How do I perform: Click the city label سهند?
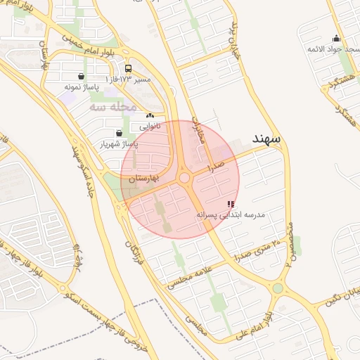coord(264,139)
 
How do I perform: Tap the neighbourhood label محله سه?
coord(112,107)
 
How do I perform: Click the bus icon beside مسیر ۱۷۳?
coord(128,69)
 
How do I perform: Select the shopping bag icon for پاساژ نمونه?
coord(82,76)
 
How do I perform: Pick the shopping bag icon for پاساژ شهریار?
coord(118,133)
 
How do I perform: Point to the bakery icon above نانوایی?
coord(149,115)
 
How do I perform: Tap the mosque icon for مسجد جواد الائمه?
coord(336,39)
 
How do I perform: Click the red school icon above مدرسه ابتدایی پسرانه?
coord(231,204)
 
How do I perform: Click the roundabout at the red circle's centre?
coord(184,179)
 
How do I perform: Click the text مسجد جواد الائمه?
coord(330,49)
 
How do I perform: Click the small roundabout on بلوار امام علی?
coord(279,288)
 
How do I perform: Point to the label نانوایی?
coord(149,127)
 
